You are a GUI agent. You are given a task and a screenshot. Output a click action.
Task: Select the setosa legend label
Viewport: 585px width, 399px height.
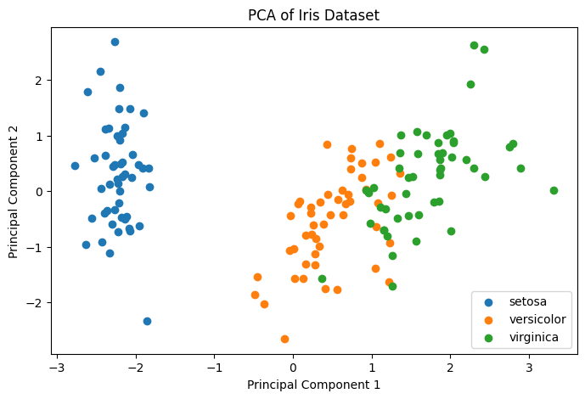pyautogui.click(x=527, y=302)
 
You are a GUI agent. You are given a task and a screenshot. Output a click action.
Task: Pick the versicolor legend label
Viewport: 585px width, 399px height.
pyautogui.click(x=533, y=320)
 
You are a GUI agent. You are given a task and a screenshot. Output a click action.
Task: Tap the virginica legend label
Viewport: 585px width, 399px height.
pyautogui.click(x=532, y=338)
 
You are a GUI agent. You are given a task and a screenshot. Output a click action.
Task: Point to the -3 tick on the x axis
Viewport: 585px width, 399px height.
pyautogui.click(x=57, y=368)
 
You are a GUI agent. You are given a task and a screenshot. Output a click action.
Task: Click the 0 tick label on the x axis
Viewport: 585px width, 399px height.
pyautogui.click(x=293, y=368)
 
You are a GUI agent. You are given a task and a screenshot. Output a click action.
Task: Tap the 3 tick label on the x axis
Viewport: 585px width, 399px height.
pyautogui.click(x=529, y=368)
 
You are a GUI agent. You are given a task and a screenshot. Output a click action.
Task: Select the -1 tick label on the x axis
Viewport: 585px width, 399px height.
pyautogui.click(x=214, y=368)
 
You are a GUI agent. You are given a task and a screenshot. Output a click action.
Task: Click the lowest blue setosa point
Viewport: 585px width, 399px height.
pyautogui.click(x=147, y=321)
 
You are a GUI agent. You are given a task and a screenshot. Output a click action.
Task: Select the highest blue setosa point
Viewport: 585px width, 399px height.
pyautogui.click(x=115, y=42)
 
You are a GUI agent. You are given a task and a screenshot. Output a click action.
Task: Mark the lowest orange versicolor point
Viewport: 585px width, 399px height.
pyautogui.click(x=284, y=339)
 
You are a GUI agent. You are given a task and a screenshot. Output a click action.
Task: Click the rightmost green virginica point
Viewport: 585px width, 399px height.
pyautogui.click(x=554, y=190)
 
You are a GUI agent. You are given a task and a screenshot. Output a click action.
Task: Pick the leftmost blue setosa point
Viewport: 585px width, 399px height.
pyautogui.click(x=75, y=166)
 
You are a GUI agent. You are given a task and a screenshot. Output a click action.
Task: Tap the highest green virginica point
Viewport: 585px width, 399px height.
pyautogui.click(x=474, y=45)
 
